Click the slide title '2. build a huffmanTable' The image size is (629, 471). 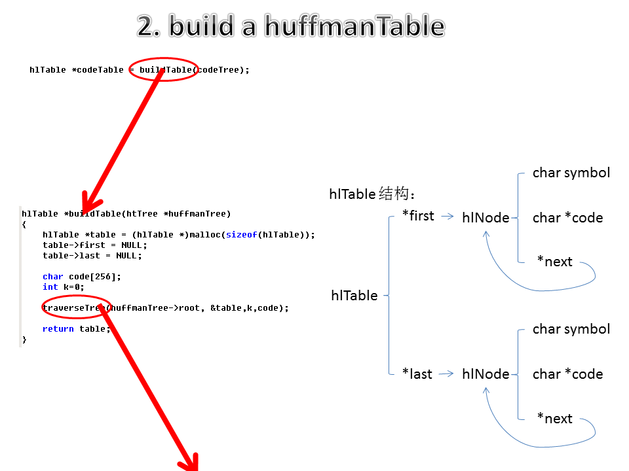[291, 26]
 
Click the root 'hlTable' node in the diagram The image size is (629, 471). [354, 296]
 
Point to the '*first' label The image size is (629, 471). [418, 216]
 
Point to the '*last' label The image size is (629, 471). [417, 374]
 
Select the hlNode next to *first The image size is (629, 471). [486, 218]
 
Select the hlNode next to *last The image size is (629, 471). [486, 374]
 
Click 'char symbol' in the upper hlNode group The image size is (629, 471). [571, 173]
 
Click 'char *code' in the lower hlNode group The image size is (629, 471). [567, 374]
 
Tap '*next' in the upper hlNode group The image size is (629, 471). [554, 262]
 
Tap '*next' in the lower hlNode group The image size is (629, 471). [554, 419]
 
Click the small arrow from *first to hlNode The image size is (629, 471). [448, 217]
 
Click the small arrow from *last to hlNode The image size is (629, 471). [446, 374]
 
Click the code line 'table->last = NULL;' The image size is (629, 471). [92, 255]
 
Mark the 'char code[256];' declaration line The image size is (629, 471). [82, 276]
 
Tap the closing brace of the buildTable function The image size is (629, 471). [24, 339]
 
